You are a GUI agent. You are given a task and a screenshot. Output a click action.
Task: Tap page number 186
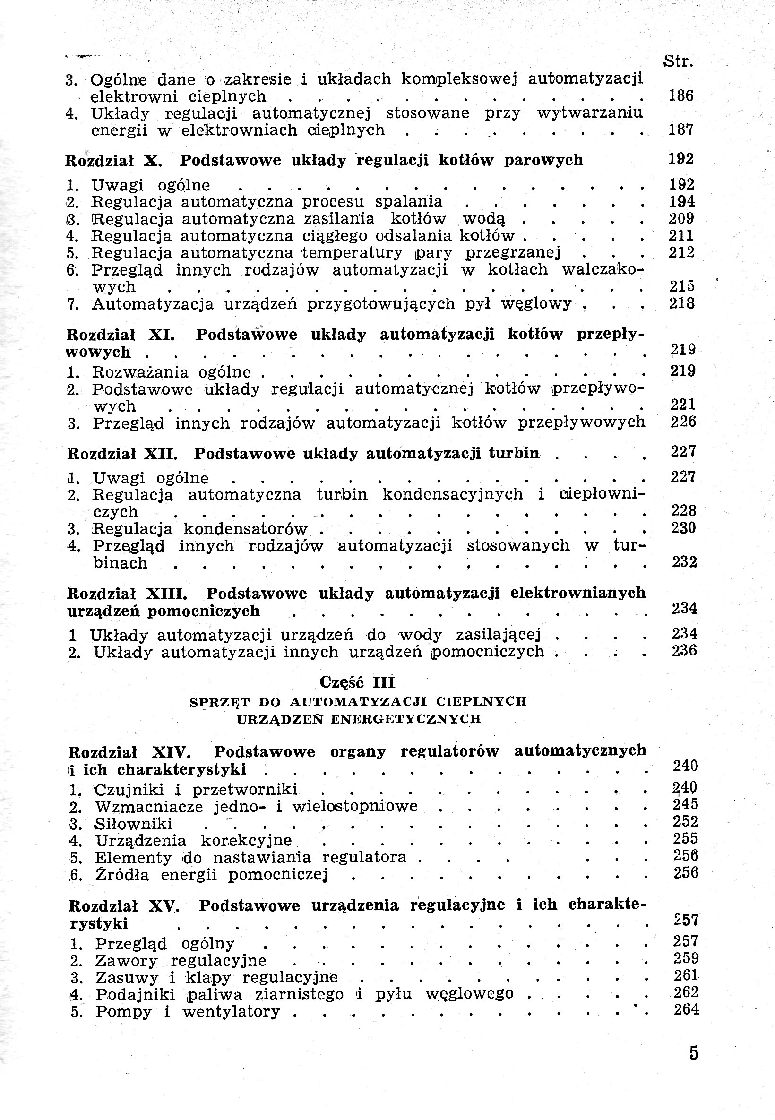click(x=681, y=95)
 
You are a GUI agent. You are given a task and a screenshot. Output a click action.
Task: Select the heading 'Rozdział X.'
click(x=113, y=161)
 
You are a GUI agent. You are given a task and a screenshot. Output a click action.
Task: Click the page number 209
click(x=681, y=218)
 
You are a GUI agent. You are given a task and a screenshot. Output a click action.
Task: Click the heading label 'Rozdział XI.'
click(x=121, y=335)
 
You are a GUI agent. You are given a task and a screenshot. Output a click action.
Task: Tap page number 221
click(x=683, y=405)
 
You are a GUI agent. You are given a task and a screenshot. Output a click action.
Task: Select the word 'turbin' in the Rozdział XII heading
click(x=514, y=454)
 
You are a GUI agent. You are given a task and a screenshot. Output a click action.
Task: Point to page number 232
click(x=684, y=562)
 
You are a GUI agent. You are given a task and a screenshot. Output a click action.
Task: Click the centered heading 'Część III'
click(x=357, y=682)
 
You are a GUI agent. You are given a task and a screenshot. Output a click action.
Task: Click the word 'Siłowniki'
click(x=134, y=824)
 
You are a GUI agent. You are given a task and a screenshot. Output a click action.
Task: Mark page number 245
click(x=685, y=804)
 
